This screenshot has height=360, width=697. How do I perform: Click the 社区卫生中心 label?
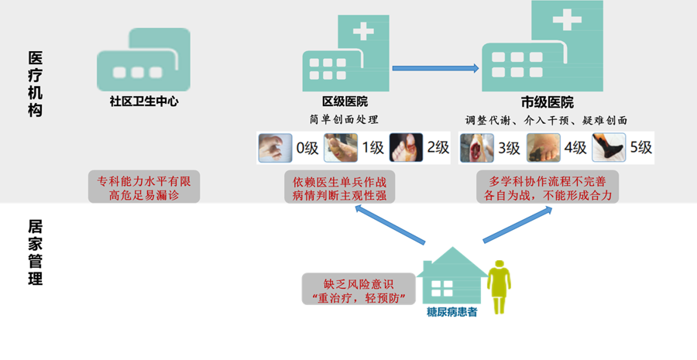coord(144,101)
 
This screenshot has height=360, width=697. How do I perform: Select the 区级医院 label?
coord(345,101)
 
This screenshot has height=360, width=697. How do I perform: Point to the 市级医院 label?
coord(547,102)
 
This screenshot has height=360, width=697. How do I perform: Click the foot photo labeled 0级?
coord(275,148)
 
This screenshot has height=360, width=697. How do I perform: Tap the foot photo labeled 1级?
coord(341,148)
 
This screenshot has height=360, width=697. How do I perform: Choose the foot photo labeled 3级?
coord(476,148)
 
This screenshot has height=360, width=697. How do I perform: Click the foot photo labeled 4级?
coord(543,148)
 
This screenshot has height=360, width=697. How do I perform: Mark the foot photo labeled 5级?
coord(609,148)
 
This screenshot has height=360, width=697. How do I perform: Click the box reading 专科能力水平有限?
coord(144,187)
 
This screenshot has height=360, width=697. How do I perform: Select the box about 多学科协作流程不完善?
coord(548,187)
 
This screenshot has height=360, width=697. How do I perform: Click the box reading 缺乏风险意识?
coord(359,290)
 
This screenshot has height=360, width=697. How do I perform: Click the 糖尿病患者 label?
coord(451,313)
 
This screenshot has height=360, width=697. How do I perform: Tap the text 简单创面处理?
coord(345,120)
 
